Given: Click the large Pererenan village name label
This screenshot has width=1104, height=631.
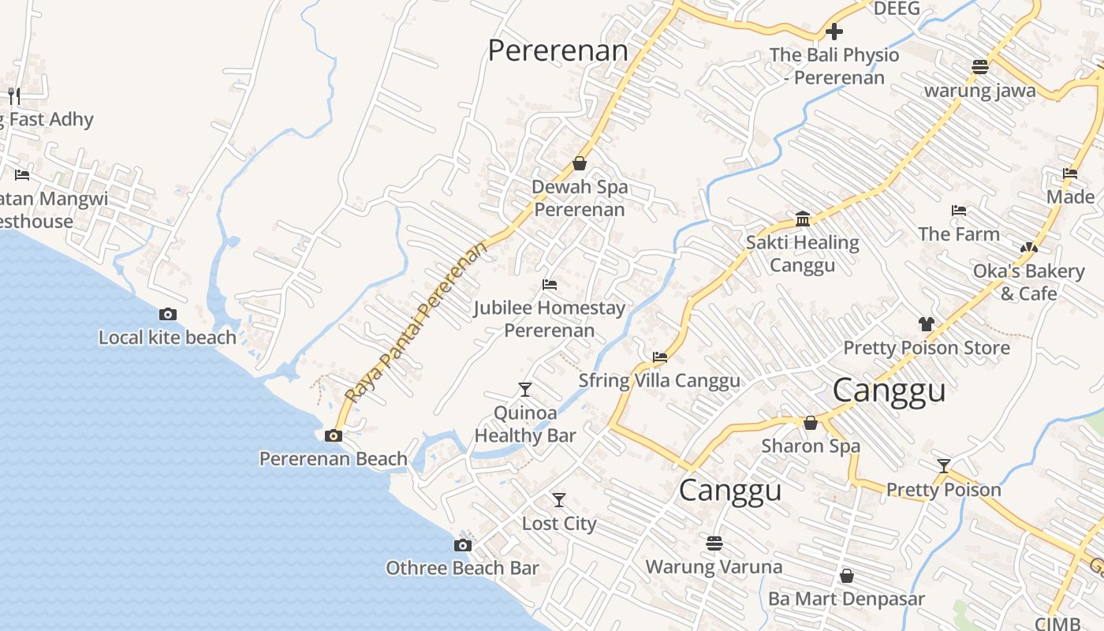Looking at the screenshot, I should pyautogui.click(x=558, y=50).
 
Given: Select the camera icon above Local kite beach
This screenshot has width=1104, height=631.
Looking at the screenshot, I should pyautogui.click(x=167, y=314).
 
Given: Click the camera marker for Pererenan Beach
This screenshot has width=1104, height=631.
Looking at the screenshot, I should pyautogui.click(x=333, y=435).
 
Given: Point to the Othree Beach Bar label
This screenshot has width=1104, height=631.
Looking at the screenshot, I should pyautogui.click(x=462, y=568).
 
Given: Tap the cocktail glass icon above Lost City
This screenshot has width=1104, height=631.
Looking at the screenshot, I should pyautogui.click(x=558, y=499).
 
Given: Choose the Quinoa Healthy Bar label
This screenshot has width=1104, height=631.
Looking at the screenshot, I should pyautogui.click(x=525, y=424).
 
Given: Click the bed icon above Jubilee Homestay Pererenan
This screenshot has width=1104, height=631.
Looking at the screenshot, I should pyautogui.click(x=550, y=284).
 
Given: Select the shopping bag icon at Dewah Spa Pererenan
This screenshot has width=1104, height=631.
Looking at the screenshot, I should pyautogui.click(x=580, y=163).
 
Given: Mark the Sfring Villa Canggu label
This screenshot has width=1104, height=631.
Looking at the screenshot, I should pyautogui.click(x=659, y=380).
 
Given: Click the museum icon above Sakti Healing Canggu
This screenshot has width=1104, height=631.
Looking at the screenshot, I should pyautogui.click(x=803, y=218).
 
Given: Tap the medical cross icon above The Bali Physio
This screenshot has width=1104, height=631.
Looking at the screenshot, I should pyautogui.click(x=834, y=32).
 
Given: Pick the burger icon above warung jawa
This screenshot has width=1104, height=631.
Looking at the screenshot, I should pyautogui.click(x=979, y=66).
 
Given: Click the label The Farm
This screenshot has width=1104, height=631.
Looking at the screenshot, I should pyautogui.click(x=958, y=234).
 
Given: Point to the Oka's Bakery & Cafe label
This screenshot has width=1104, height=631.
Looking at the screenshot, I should pyautogui.click(x=1028, y=282).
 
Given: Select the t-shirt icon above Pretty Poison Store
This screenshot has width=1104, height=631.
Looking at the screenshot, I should pyautogui.click(x=926, y=324).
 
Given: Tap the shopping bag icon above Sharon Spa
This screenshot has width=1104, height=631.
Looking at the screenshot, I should pyautogui.click(x=810, y=423).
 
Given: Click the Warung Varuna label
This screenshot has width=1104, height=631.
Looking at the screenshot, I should pyautogui.click(x=714, y=566).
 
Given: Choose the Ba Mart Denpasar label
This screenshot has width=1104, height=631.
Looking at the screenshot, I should pyautogui.click(x=846, y=599).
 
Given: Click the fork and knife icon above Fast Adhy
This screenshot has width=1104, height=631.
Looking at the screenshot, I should pyautogui.click(x=13, y=96).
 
